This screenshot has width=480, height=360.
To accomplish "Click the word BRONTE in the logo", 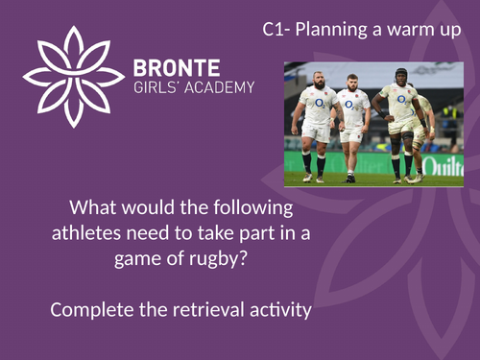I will tap(177, 67).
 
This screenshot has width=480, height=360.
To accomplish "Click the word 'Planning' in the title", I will tap(328, 29).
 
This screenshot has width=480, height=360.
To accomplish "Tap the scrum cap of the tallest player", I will tap(399, 73).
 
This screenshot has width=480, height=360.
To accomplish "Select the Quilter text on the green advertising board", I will tap(444, 166).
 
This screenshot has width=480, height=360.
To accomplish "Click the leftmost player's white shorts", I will tap(315, 132).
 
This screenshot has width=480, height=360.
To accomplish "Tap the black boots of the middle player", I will tap(351, 177).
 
